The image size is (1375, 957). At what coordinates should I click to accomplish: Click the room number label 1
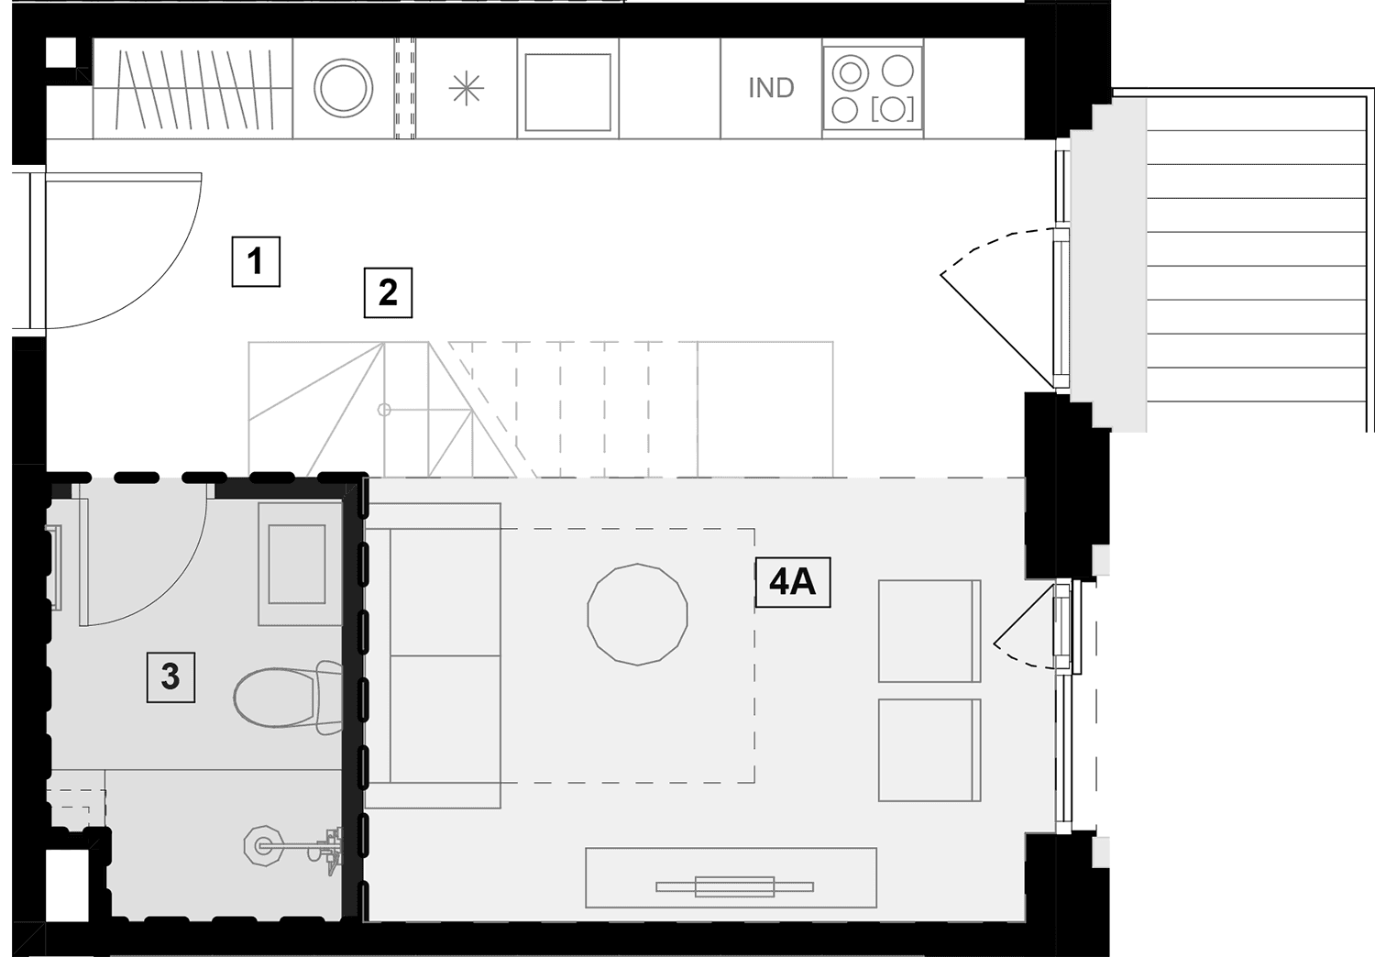256,261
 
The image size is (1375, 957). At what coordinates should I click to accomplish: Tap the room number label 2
388,292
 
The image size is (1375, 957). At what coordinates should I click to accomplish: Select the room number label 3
170,677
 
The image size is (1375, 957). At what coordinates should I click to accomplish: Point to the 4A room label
793,582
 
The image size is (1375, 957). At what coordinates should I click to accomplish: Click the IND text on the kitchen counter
771,88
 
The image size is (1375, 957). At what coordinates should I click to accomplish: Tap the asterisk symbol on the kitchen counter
467,88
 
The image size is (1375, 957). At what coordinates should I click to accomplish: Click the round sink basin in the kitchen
343,88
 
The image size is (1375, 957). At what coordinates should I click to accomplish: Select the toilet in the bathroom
287,697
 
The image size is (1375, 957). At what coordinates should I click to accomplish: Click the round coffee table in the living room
637,614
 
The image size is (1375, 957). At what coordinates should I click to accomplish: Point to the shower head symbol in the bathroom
263,846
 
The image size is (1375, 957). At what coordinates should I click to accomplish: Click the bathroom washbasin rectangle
297,565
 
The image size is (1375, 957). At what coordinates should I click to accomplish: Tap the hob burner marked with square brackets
893,110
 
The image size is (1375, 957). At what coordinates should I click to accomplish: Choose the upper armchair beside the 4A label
929,631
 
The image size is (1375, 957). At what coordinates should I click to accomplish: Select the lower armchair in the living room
929,750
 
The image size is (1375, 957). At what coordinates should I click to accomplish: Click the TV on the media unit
735,886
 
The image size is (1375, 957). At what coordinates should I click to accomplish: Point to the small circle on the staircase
384,410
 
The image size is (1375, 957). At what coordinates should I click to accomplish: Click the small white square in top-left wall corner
60,53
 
